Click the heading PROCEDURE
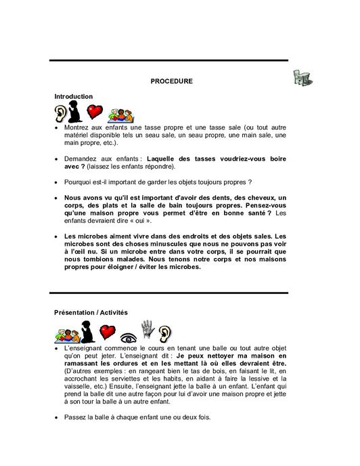pyautogui.click(x=171, y=81)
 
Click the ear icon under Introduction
pyautogui.click(x=62, y=112)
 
